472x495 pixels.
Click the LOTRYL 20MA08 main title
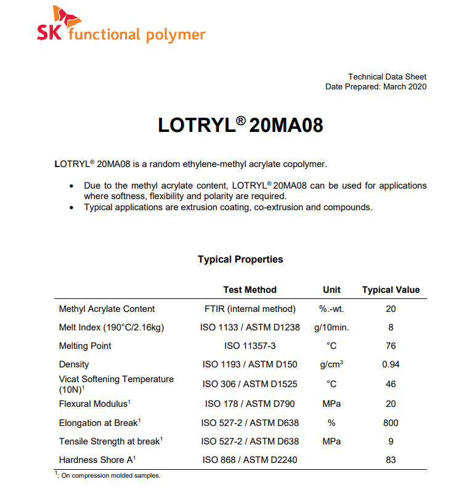click(240, 125)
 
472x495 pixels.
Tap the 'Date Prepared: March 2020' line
click(375, 87)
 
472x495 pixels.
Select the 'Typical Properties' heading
click(240, 260)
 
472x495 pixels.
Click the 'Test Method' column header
click(250, 290)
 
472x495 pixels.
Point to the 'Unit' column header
click(332, 290)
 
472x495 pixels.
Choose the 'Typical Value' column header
click(391, 290)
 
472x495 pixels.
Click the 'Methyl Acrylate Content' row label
click(107, 309)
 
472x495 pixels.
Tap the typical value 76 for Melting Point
click(391, 346)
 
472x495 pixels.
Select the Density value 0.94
click(391, 364)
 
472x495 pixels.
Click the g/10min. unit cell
click(332, 327)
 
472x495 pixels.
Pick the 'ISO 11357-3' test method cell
click(250, 346)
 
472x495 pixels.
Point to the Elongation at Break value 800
click(391, 423)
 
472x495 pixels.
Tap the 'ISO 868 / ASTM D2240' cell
click(250, 460)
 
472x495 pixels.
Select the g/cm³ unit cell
click(332, 364)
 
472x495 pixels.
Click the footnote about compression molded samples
click(108, 475)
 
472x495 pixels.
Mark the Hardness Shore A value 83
click(391, 460)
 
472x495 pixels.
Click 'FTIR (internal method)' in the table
click(250, 309)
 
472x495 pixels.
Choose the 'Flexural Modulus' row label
click(94, 404)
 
